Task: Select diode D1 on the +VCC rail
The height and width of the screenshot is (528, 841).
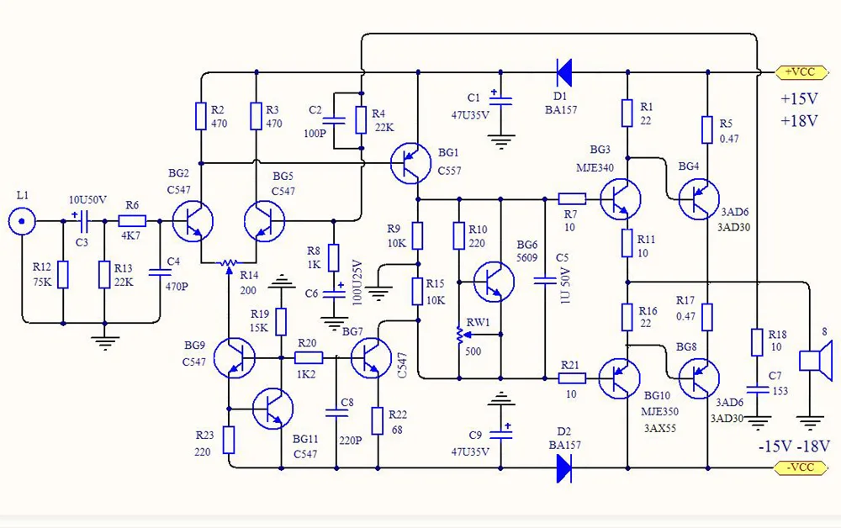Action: pos(563,72)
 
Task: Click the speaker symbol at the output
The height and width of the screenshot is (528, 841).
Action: pos(813,360)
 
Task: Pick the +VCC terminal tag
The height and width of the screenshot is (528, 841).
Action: pos(795,72)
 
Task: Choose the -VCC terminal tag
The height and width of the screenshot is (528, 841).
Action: pos(795,467)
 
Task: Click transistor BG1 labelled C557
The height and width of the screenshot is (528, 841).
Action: pos(412,163)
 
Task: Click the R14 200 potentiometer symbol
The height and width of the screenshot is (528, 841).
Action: pos(227,263)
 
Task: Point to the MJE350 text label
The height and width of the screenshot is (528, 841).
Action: pos(661,412)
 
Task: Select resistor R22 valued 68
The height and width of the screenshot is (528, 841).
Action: pos(377,420)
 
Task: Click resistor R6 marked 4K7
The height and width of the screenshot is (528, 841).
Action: pos(132,222)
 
